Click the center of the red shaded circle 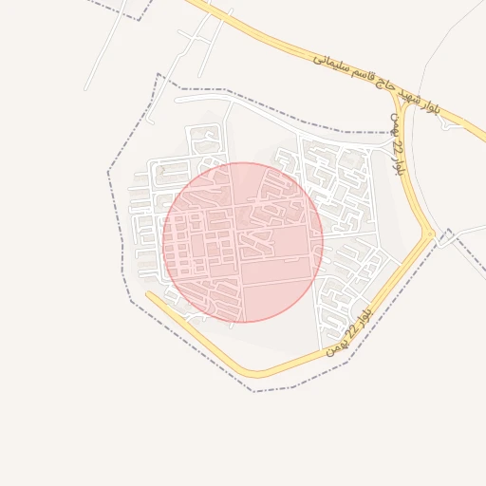click(243, 242)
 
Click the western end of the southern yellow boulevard click(149, 294)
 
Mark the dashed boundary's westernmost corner click(108, 171)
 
